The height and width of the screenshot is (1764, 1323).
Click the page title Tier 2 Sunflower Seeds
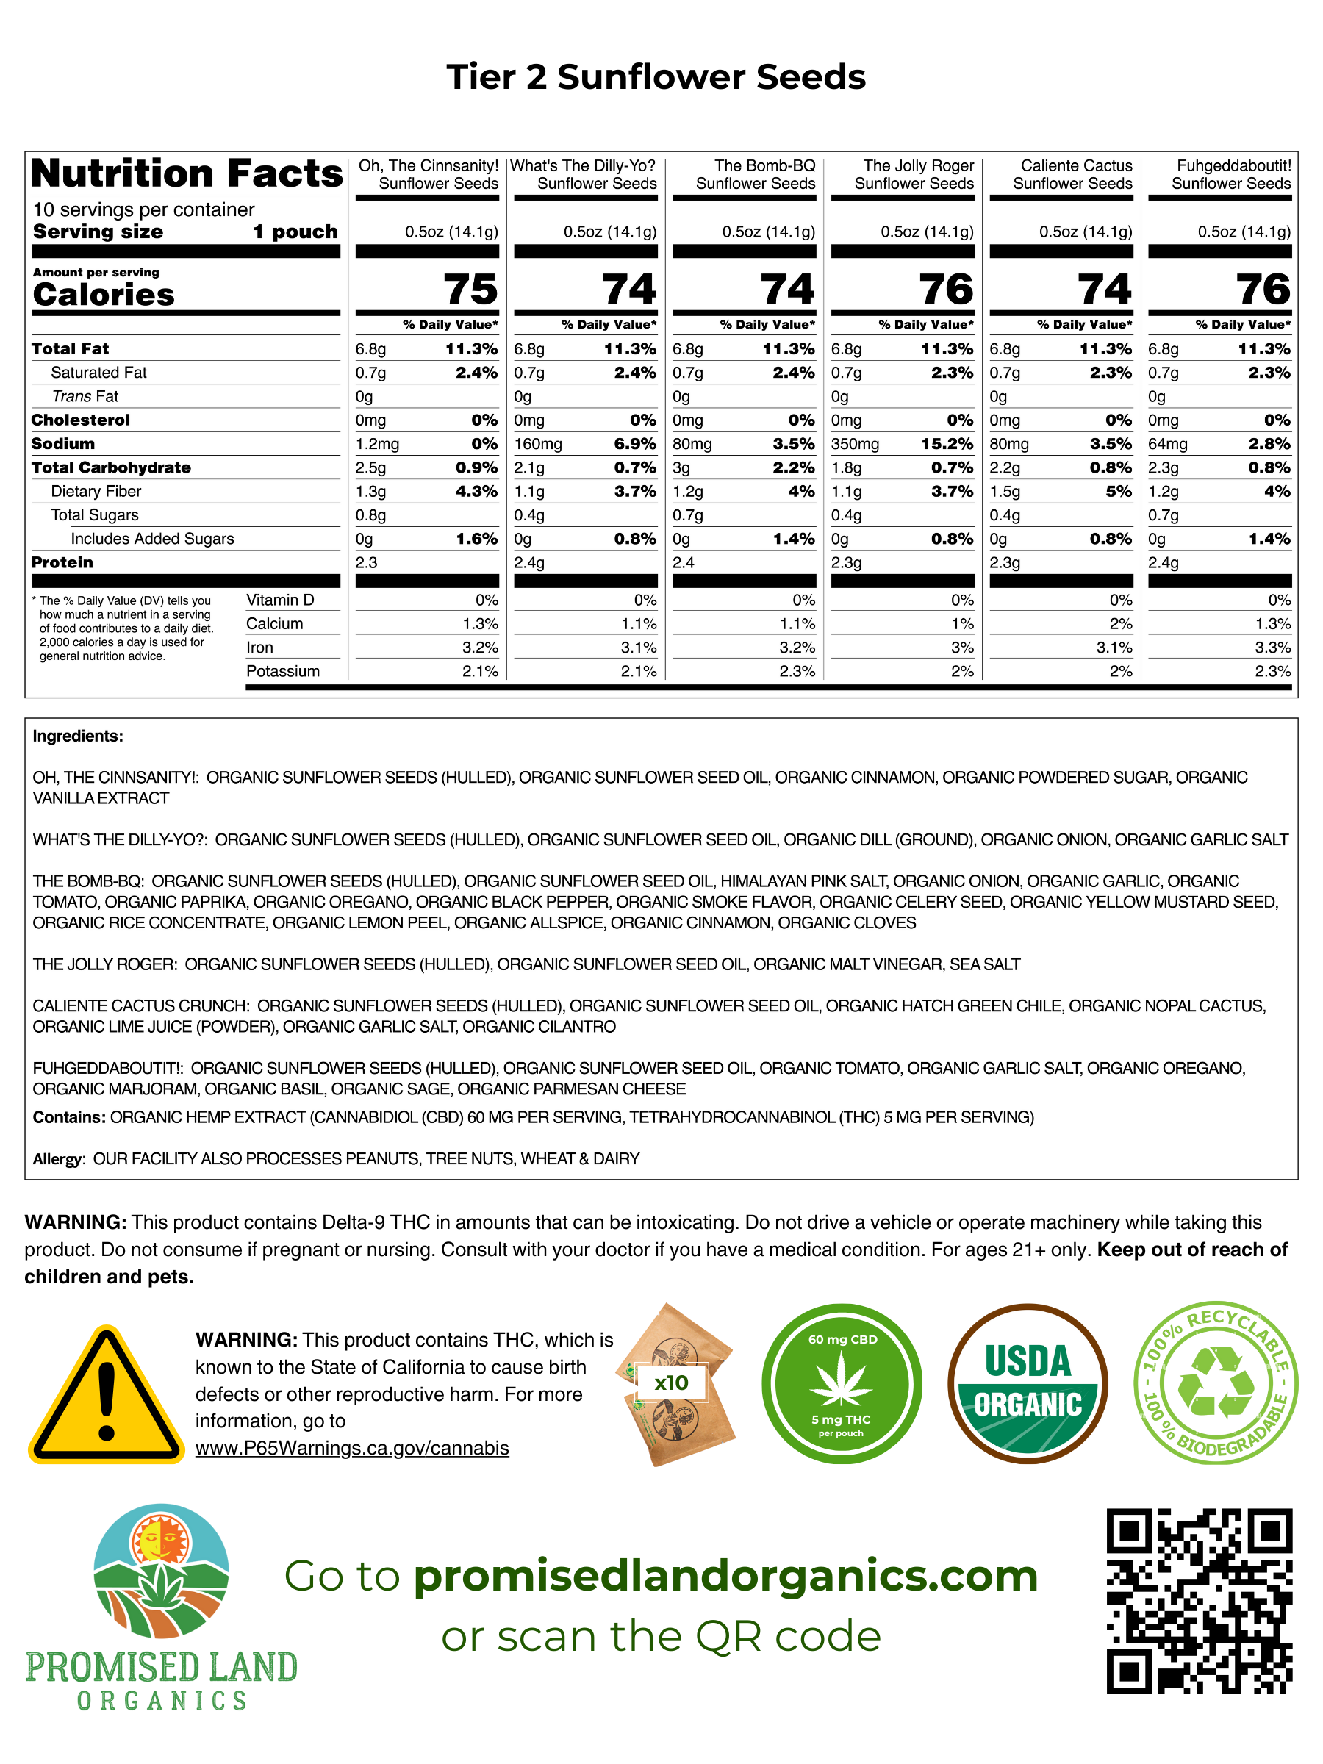point(656,77)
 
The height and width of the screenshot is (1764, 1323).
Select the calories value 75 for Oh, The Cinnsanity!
point(470,289)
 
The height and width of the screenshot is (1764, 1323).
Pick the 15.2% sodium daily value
point(947,444)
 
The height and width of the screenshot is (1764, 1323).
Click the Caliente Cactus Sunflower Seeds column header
point(1072,175)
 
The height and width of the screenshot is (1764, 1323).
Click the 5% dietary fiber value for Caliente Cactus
point(1119,491)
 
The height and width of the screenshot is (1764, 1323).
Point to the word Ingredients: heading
point(78,736)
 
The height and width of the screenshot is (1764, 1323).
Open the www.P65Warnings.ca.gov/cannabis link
point(351,1448)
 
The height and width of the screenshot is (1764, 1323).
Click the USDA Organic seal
point(1027,1383)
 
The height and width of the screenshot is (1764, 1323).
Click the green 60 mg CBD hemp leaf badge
point(842,1383)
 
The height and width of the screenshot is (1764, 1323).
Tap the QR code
point(1199,1601)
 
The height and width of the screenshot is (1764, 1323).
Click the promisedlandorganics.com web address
point(725,1576)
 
